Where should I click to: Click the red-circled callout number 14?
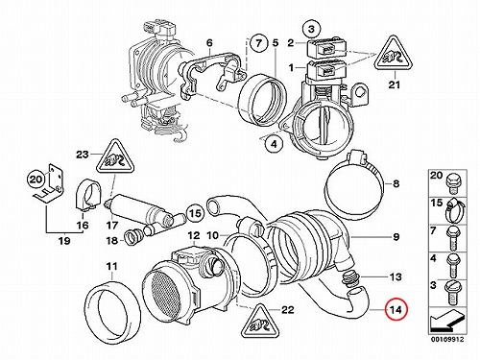396,310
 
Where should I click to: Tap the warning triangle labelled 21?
394,54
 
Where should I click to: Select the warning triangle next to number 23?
115,156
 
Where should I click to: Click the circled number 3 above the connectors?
312,29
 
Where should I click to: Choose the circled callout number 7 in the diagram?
258,43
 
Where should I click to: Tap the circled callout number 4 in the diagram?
274,144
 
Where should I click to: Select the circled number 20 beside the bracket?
36,180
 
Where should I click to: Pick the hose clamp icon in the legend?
454,210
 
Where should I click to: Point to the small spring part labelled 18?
132,238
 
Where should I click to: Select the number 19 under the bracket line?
64,240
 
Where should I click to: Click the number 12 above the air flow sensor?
194,235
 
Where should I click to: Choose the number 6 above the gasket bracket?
209,42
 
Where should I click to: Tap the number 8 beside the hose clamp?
396,183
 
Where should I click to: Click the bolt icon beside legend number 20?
452,183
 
